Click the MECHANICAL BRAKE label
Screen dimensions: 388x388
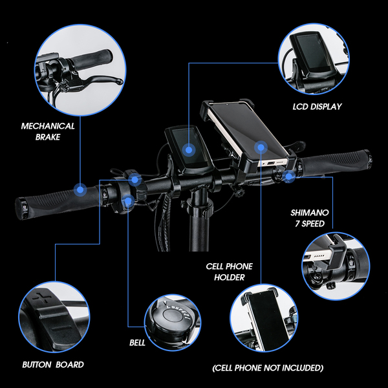click(x=48, y=131)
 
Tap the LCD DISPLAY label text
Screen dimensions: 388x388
click(x=317, y=107)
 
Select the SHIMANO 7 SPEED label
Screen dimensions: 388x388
click(x=310, y=218)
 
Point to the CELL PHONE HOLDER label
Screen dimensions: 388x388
click(x=229, y=272)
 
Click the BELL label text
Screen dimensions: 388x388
click(x=137, y=343)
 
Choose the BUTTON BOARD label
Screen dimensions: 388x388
click(x=53, y=365)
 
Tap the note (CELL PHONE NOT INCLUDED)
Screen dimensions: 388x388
click(x=268, y=368)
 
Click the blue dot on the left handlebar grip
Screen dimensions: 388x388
click(x=80, y=189)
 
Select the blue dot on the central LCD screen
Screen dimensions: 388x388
click(x=189, y=150)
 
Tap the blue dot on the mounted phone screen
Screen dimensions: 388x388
click(x=261, y=147)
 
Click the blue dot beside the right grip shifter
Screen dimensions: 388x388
click(x=289, y=177)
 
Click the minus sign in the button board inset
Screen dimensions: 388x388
click(x=61, y=329)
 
